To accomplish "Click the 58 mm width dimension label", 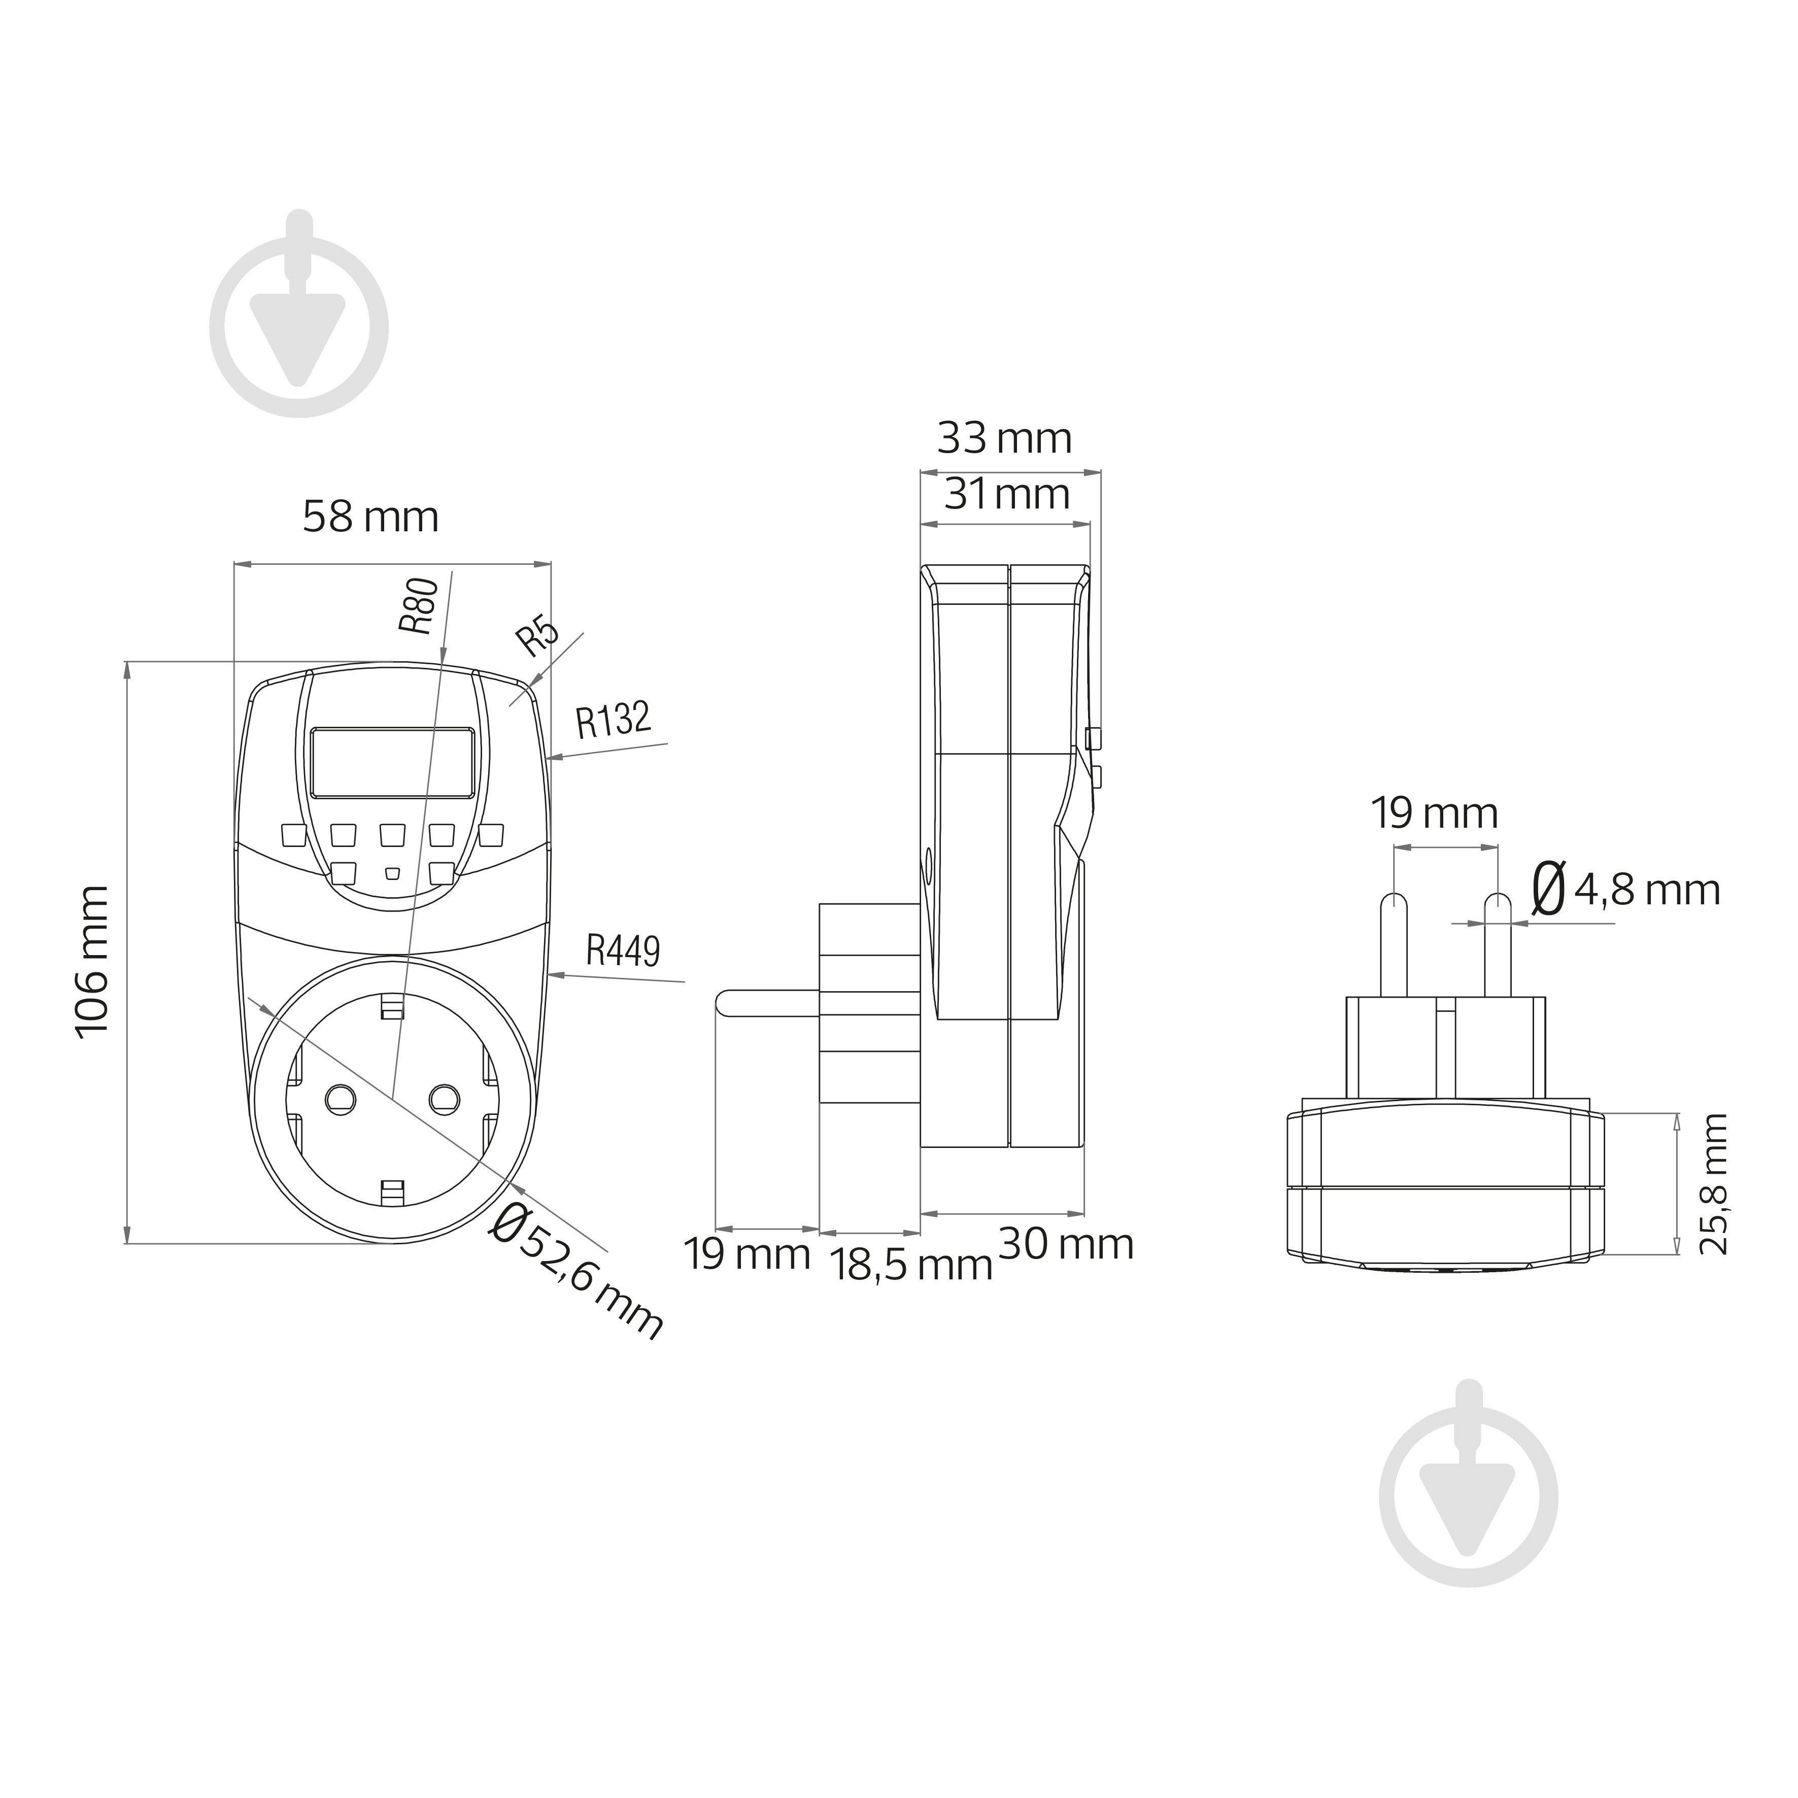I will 370,518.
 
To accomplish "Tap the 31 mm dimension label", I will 1007,494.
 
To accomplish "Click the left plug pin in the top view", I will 1393,944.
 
